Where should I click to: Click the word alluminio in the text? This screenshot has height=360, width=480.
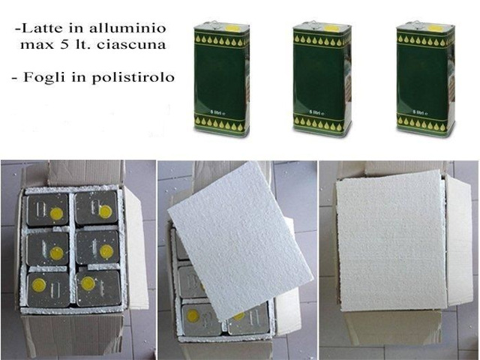pyautogui.click(x=127, y=28)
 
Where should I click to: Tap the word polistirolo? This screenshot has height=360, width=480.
pyautogui.click(x=133, y=77)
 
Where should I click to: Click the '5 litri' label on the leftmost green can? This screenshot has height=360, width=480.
pyautogui.click(x=217, y=112)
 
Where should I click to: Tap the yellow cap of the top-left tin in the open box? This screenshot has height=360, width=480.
pyautogui.click(x=57, y=214)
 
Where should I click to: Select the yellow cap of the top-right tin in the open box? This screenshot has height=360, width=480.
pyautogui.click(x=105, y=211)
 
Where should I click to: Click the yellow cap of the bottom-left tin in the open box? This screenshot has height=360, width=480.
pyautogui.click(x=39, y=285)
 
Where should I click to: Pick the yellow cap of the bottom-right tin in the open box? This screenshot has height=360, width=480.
pyautogui.click(x=88, y=283)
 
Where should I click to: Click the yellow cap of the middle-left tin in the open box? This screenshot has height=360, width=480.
pyautogui.click(x=57, y=253)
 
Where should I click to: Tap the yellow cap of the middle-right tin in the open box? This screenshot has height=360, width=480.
pyautogui.click(x=106, y=251)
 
